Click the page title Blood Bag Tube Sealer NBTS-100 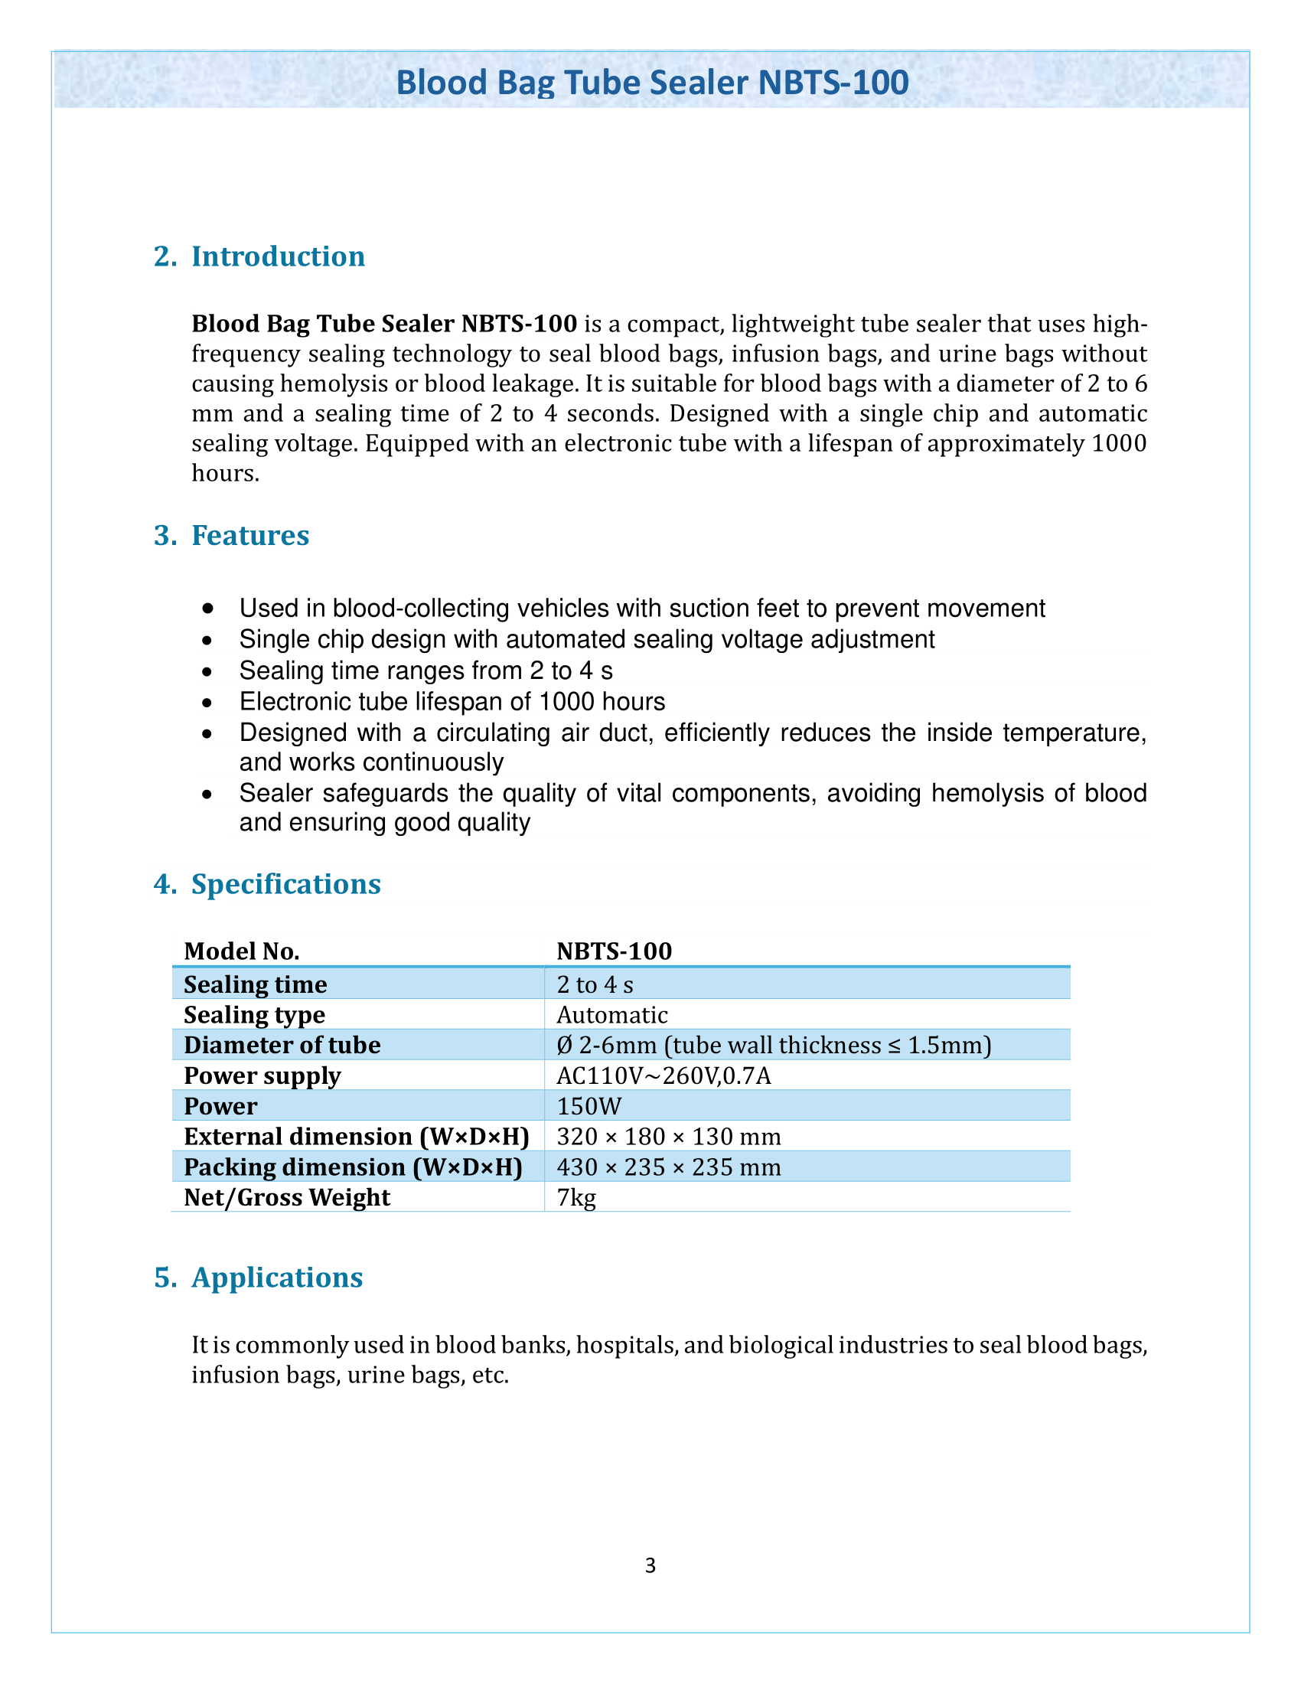652,83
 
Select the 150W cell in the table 589,1107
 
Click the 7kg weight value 576,1197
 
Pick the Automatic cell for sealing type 612,1015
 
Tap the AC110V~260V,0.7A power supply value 664,1075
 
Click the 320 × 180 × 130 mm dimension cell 668,1137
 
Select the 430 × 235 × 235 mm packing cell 668,1167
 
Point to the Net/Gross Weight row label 287,1197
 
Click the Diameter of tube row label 282,1046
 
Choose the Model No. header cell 241,951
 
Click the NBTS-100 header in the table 615,951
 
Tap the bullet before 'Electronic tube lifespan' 207,703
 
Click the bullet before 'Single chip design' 207,641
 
